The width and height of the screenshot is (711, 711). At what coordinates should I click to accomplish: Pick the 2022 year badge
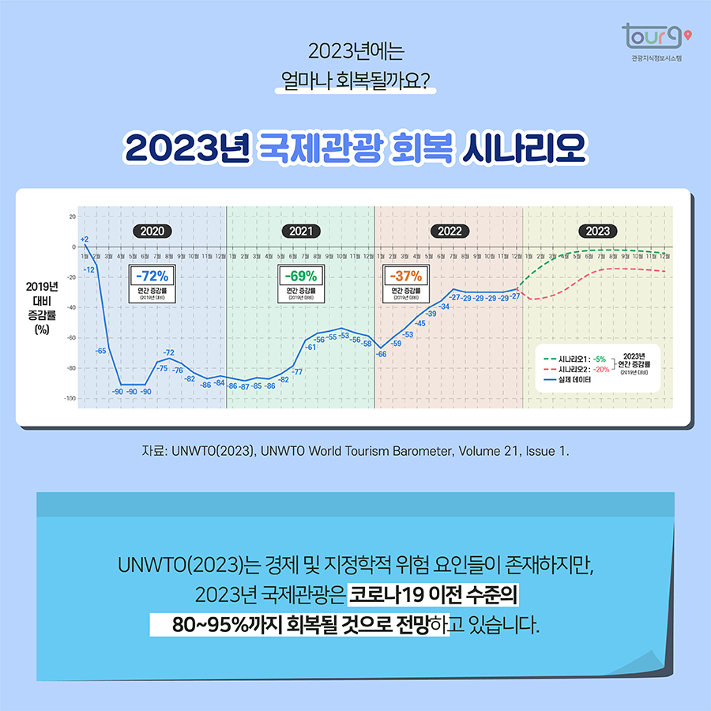pos(450,231)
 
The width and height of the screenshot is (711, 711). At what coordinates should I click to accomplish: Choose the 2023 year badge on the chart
pos(598,231)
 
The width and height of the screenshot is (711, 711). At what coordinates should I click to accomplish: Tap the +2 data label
pos(84,239)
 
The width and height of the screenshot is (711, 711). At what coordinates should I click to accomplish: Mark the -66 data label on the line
pos(381,354)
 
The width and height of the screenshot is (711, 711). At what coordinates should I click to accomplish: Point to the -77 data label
pos(297,371)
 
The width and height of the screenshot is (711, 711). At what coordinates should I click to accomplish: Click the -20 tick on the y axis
pos(71,277)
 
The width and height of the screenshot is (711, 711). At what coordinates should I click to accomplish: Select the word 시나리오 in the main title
pos(525,148)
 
